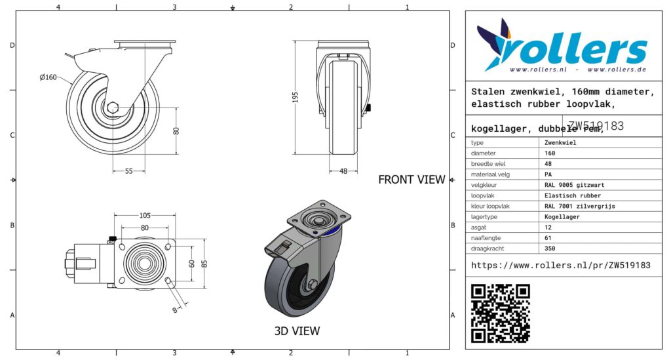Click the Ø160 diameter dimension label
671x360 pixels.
[x=48, y=77]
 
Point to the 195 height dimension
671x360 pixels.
[x=295, y=97]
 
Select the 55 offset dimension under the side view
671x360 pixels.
[x=129, y=171]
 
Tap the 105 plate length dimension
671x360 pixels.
[x=145, y=216]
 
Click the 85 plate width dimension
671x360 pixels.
[x=204, y=263]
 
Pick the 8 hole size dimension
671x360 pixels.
[x=175, y=310]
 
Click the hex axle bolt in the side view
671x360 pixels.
[x=113, y=108]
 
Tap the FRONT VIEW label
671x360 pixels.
[x=412, y=180]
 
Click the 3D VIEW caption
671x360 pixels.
[x=297, y=331]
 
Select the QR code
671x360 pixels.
[x=501, y=313]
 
